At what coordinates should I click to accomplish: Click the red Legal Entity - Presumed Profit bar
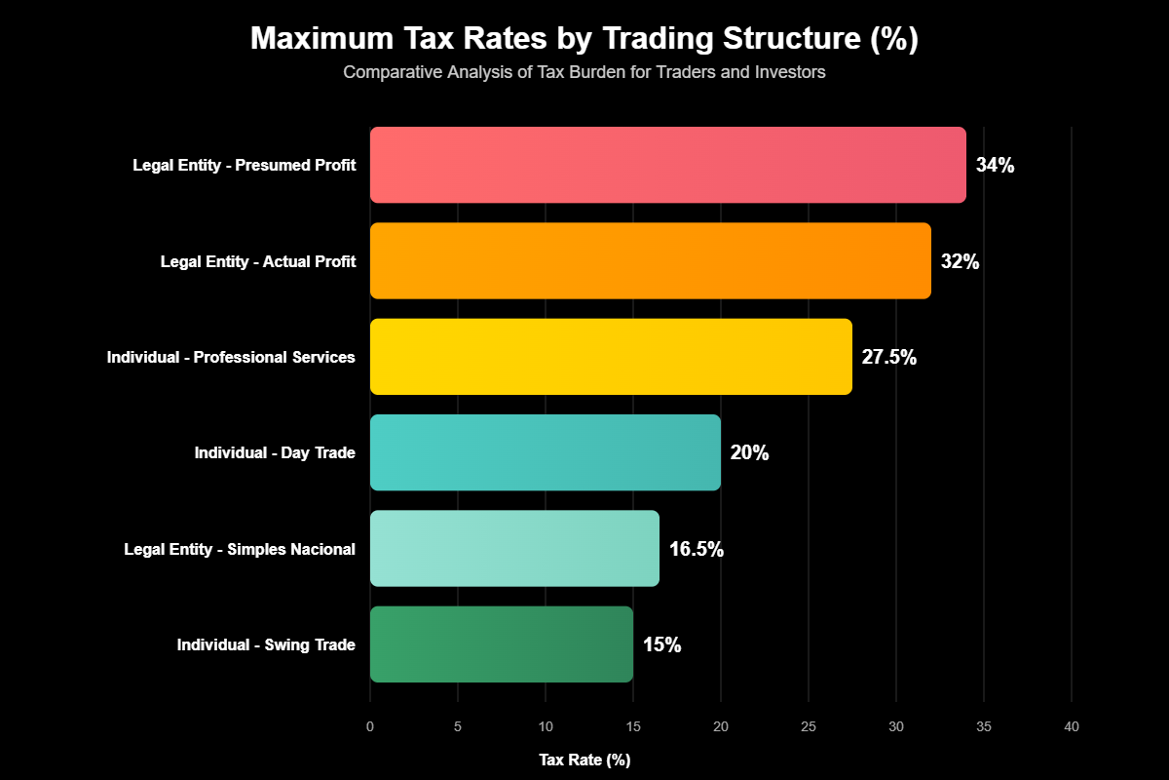point(667,165)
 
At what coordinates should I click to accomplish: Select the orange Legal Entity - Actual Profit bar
point(650,260)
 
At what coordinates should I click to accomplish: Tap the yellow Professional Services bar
point(611,357)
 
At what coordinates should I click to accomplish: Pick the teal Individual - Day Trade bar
point(545,452)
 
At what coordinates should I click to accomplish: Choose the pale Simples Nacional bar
point(514,548)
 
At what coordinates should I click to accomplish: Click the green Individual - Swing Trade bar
point(501,644)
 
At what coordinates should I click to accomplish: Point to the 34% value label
point(995,166)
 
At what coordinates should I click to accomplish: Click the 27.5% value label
point(888,357)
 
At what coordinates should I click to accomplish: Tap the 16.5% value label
point(696,549)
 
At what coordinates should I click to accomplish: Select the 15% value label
point(661,644)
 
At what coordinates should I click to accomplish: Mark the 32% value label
point(960,261)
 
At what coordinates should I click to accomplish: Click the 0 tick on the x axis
point(370,726)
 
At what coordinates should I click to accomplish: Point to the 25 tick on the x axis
point(809,726)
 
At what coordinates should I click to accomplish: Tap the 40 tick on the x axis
point(1072,726)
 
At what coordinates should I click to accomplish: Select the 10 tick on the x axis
point(546,726)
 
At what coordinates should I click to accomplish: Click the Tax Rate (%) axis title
point(584,760)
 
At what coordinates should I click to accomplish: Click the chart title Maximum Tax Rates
point(584,38)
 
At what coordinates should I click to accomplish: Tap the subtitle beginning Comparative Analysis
point(584,72)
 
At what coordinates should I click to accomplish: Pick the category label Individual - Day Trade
point(275,452)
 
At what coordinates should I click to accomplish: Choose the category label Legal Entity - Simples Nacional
point(240,549)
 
